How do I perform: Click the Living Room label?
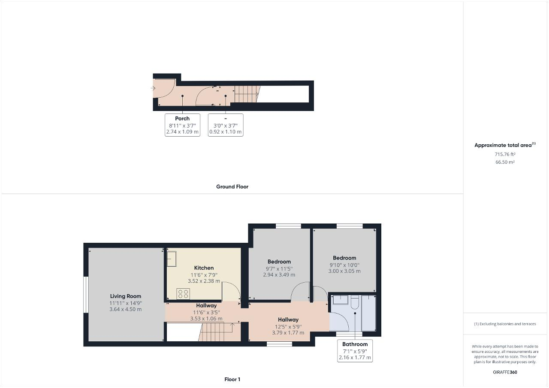125,296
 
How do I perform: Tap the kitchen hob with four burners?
183,293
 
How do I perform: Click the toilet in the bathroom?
354,302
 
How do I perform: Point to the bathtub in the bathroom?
368,313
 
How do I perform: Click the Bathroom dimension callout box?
355,351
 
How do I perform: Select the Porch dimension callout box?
182,125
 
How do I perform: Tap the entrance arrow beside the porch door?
153,88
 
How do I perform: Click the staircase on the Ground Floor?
247,93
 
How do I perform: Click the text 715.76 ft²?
505,154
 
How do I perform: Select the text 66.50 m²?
505,162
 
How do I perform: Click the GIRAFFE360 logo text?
505,372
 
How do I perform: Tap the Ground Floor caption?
232,187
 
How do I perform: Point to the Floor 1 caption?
232,379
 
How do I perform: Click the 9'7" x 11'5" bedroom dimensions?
279,268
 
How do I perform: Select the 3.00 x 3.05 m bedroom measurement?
344,271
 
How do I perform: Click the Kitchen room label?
204,268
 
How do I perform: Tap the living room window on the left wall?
86,295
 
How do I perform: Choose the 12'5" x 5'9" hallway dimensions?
288,326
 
